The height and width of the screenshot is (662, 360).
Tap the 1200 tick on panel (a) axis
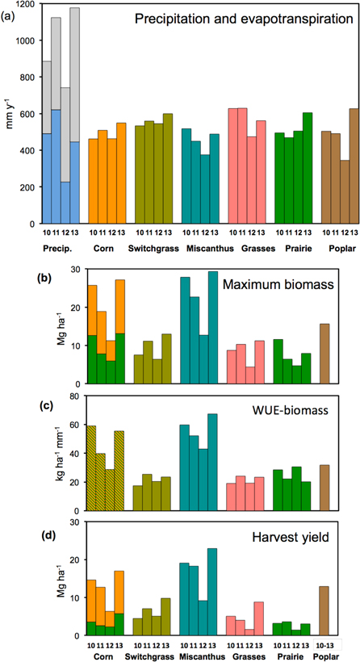click(x=27, y=5)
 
